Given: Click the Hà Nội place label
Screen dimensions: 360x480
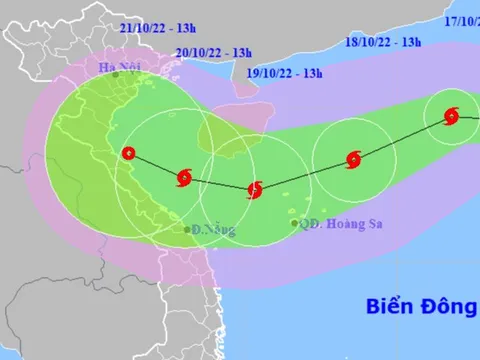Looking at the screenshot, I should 117,67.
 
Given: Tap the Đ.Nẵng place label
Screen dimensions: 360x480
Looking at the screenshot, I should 206,229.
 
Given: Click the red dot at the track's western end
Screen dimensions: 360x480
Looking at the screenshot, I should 127,153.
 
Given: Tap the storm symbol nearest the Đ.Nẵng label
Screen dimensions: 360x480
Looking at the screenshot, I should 183,178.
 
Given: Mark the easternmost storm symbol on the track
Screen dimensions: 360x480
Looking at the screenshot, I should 451,116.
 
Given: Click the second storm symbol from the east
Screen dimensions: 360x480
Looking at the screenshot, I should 352,158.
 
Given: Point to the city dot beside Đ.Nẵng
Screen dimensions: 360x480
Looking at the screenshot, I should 187,230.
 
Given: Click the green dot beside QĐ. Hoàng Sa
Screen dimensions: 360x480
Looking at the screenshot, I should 294,224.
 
